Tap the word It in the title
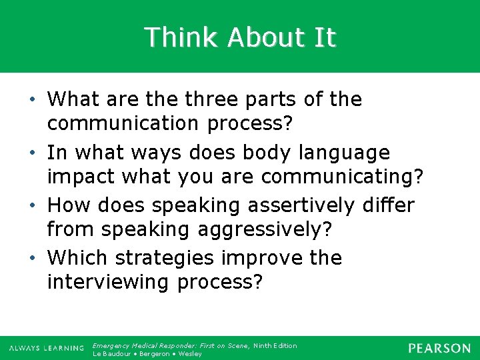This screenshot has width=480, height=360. tap(325, 37)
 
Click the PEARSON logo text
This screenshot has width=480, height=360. tap(439, 349)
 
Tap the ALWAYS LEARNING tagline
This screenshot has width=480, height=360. tap(47, 349)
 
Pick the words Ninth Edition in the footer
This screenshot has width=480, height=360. tap(275, 345)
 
